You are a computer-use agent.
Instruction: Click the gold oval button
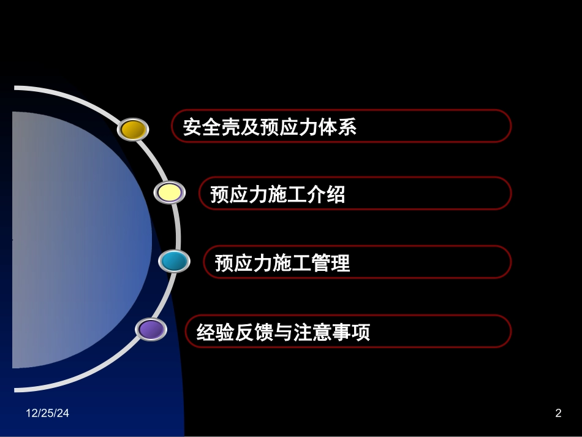coord(132,129)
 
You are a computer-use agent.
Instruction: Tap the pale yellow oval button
coord(170,193)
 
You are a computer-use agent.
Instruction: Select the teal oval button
coord(174,261)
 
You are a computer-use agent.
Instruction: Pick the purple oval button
coord(151,330)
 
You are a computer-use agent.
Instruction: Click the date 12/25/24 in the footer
coord(47,414)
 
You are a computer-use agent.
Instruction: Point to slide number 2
coord(558,414)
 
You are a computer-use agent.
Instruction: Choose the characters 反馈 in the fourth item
coord(253,333)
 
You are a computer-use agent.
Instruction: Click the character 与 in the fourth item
coord(282,333)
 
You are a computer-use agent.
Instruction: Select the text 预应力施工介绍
coord(278,195)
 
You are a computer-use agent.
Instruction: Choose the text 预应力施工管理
coord(282,264)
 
